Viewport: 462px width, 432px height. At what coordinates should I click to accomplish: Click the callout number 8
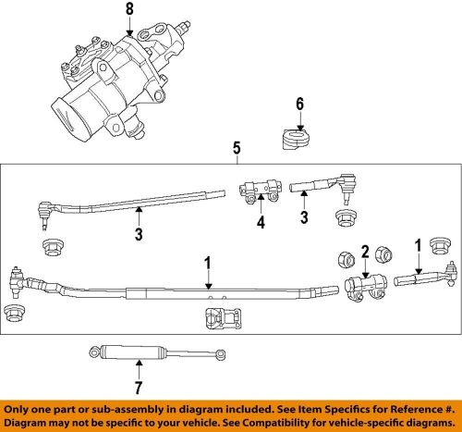[x=129, y=10]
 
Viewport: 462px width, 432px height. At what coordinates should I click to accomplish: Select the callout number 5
[x=237, y=146]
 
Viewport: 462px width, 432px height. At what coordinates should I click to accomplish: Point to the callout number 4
[x=261, y=222]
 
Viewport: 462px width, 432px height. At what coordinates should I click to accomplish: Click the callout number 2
[x=365, y=250]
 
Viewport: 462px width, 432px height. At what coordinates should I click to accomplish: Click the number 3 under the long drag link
[x=139, y=236]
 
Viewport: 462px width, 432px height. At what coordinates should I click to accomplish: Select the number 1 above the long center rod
[x=209, y=263]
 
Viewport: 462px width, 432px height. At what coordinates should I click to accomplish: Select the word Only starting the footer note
[x=21, y=409]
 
